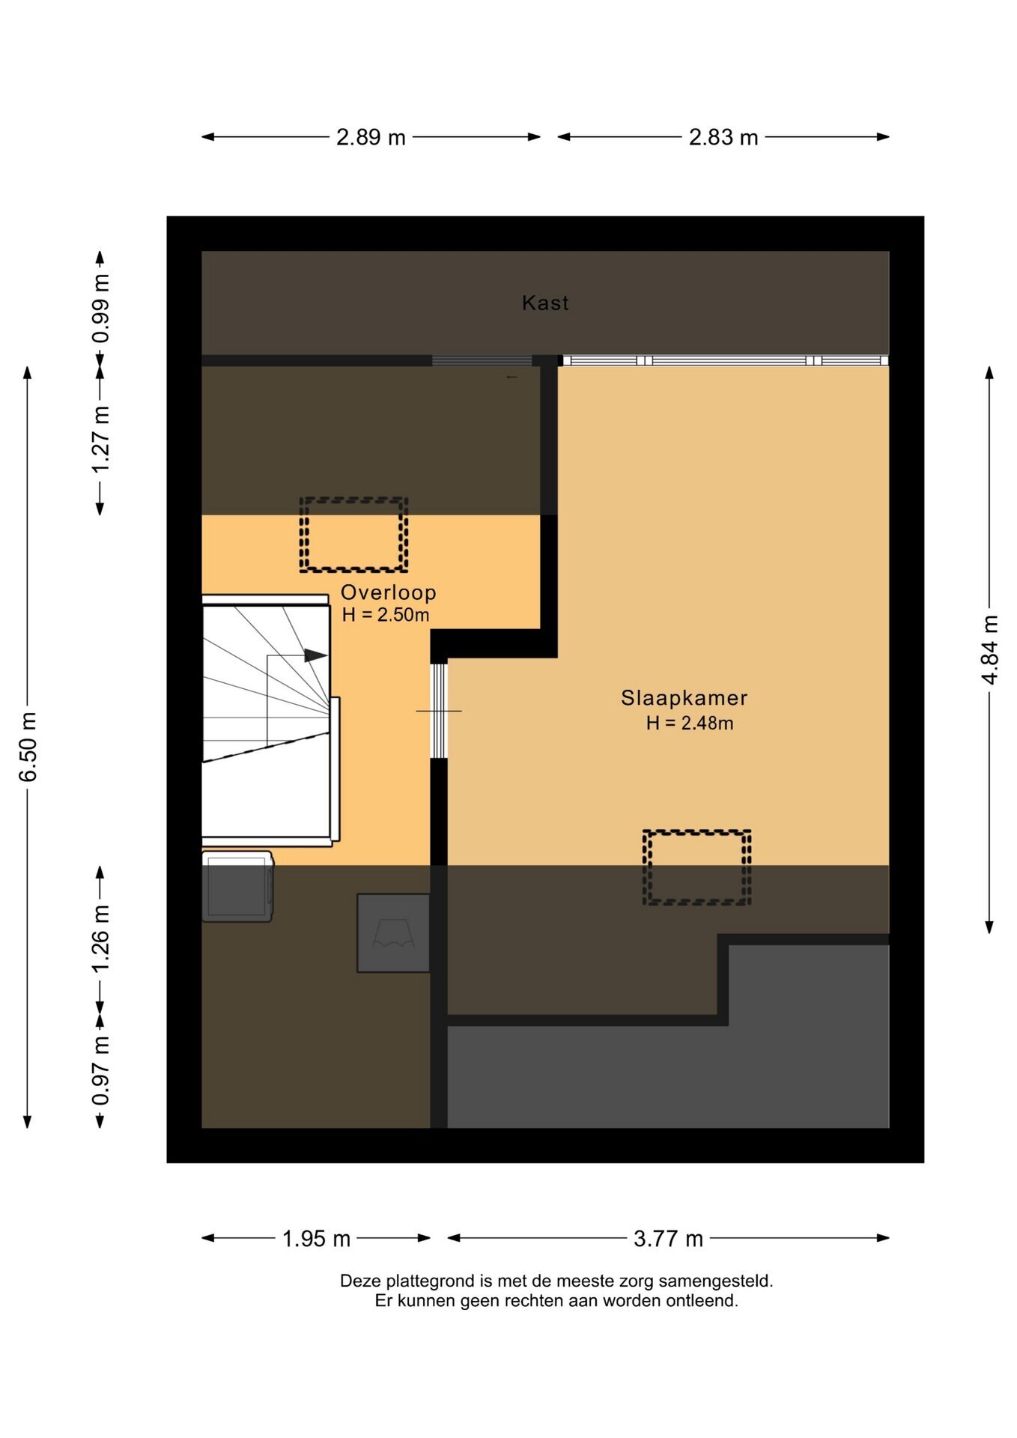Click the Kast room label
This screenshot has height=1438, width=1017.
coord(545,303)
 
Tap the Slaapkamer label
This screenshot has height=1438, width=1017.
coord(684,698)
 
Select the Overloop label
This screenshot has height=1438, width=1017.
coord(388,592)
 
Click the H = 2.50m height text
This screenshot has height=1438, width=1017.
coord(386,615)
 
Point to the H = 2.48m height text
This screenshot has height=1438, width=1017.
coord(690,723)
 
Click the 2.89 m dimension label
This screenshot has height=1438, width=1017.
coord(371,137)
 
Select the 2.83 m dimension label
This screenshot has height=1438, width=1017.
coord(723,137)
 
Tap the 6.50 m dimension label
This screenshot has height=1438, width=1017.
coord(28,747)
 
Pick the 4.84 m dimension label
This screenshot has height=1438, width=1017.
coord(989,649)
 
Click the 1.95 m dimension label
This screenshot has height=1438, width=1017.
coord(316,1238)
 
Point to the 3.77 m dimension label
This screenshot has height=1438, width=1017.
coord(668,1238)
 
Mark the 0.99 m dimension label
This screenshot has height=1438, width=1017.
coord(100,309)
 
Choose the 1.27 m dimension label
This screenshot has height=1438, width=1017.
coord(100,440)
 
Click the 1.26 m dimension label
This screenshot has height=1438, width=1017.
coord(100,939)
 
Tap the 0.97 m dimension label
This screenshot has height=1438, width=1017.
coord(100,1070)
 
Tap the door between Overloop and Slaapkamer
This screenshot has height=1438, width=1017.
coord(439,711)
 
